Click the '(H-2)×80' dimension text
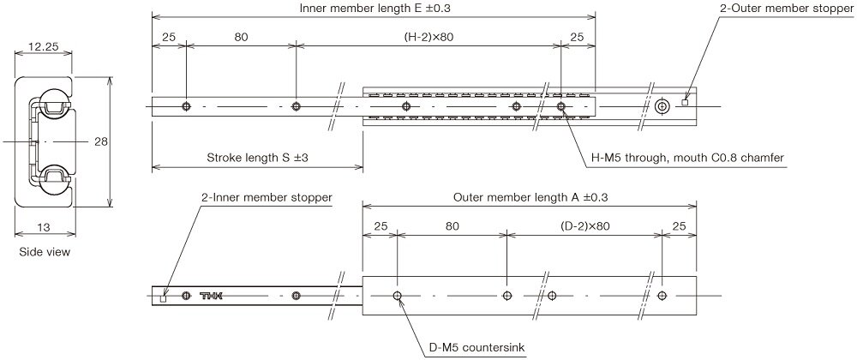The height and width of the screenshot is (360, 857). [428, 38]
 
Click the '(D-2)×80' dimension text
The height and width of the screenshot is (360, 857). [585, 227]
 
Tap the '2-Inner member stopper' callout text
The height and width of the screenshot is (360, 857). [267, 197]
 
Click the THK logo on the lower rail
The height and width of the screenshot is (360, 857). [210, 297]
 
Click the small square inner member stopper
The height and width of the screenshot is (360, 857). [165, 298]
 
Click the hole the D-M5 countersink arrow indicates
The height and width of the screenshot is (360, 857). [398, 296]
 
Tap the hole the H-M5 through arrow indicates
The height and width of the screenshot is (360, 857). [560, 106]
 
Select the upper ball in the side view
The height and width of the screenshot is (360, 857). [53, 101]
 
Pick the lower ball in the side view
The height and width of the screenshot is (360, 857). [53, 179]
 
